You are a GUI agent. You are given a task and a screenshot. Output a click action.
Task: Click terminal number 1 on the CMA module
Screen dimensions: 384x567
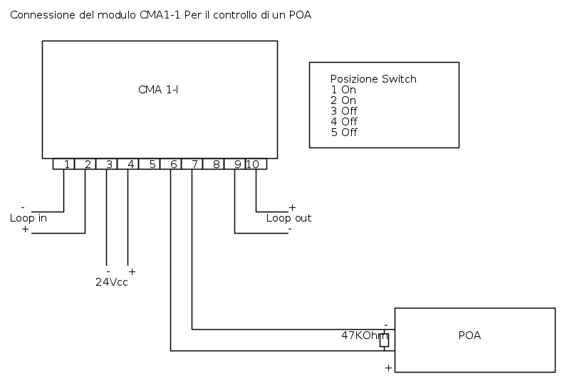(66, 164)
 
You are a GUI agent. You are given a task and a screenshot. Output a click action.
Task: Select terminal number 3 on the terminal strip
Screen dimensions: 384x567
(109, 164)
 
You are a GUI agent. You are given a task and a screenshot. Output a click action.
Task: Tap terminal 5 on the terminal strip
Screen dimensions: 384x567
(152, 164)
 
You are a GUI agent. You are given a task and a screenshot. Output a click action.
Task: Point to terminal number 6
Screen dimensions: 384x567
(173, 164)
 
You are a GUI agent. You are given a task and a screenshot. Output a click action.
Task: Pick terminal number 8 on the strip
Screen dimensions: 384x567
(216, 164)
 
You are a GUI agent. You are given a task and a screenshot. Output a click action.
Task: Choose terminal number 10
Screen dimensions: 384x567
(253, 164)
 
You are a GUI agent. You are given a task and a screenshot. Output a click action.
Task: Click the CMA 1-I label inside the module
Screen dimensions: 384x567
(158, 90)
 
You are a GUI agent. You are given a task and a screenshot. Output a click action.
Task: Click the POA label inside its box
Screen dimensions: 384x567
(469, 336)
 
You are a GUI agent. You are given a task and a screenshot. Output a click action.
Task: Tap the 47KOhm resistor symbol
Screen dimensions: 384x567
(384, 341)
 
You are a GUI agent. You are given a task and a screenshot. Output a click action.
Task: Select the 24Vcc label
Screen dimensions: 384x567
(112, 281)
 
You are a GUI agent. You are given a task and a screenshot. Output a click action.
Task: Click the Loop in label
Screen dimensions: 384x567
(28, 218)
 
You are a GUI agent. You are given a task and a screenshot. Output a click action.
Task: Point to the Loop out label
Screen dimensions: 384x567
(288, 218)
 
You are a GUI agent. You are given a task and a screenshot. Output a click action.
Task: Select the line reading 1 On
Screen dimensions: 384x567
(343, 90)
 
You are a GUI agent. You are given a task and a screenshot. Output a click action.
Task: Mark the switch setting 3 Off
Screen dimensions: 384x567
(344, 111)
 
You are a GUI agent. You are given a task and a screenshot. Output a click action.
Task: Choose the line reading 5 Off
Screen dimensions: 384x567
(344, 133)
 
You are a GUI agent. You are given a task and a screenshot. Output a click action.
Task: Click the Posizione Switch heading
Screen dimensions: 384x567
(373, 79)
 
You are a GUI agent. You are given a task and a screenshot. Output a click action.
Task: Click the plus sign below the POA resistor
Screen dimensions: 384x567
(388, 368)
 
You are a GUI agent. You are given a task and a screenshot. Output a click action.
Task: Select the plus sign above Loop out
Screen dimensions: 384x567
(291, 207)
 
